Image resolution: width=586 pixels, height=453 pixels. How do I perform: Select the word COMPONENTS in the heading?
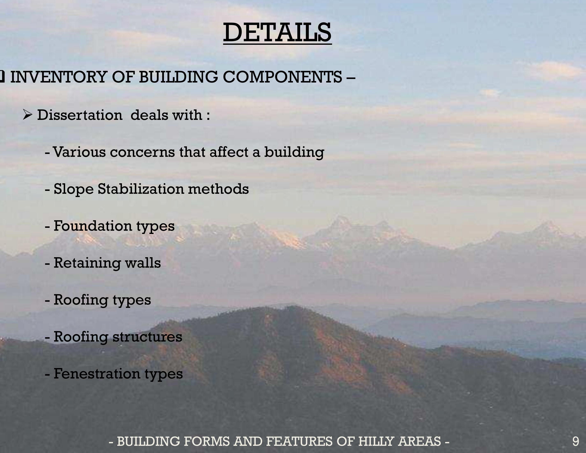point(282,77)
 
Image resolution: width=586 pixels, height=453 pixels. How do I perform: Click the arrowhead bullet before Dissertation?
point(27,115)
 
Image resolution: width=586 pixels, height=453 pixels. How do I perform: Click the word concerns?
point(142,152)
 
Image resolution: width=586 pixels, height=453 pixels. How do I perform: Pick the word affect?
point(229,152)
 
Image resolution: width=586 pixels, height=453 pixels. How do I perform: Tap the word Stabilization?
point(141,189)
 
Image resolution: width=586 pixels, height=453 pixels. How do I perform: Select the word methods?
point(218,189)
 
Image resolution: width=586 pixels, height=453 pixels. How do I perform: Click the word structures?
point(147,337)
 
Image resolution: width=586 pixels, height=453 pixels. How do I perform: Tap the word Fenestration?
point(97,374)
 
